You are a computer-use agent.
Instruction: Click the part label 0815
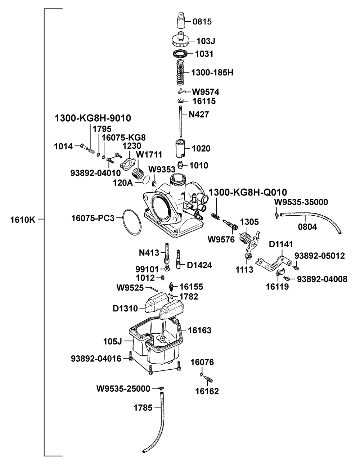click(202, 22)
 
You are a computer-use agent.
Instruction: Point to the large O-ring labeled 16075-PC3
click(132, 221)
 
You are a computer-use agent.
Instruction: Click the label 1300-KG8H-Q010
click(248, 192)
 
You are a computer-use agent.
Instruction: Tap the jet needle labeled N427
click(181, 122)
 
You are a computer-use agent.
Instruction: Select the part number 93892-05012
click(320, 256)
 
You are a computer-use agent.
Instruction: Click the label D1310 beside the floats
click(125, 308)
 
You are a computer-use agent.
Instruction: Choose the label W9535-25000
click(123, 388)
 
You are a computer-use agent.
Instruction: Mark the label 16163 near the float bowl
click(200, 330)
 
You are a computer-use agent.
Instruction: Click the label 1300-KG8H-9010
click(93, 118)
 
